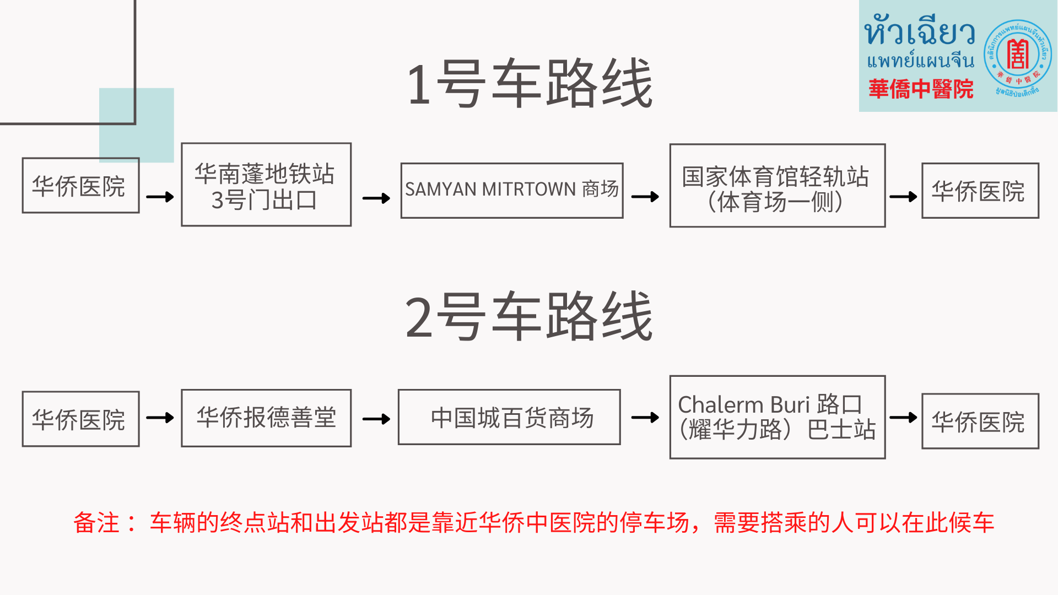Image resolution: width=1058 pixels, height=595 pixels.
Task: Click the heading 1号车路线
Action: (529, 84)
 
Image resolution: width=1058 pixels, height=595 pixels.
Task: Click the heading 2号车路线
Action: (529, 317)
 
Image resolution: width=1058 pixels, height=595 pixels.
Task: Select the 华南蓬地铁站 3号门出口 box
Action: (266, 185)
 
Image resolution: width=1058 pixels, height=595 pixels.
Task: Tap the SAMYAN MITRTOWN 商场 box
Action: (512, 190)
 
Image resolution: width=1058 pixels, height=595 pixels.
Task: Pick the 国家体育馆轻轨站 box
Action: (777, 186)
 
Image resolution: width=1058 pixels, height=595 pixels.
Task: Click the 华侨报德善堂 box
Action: (266, 418)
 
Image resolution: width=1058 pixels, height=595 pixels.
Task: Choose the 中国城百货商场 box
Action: (509, 418)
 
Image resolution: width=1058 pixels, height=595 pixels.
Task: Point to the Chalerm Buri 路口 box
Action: (777, 417)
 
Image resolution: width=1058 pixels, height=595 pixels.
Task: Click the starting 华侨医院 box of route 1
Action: (80, 186)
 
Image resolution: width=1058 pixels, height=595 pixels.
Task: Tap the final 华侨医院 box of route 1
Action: (980, 191)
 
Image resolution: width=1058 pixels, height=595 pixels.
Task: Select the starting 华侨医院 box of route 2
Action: (80, 419)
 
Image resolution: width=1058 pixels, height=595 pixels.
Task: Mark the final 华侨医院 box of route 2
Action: (980, 421)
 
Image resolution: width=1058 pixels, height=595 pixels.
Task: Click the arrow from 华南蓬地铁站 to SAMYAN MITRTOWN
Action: (376, 198)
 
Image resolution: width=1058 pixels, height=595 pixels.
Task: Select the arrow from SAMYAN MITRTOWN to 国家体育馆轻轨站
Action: (645, 197)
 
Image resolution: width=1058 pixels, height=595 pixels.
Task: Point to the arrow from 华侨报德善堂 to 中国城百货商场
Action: (376, 419)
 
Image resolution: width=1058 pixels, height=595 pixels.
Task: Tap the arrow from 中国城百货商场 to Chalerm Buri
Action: (645, 418)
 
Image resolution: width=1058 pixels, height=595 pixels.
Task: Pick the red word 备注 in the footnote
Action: (96, 522)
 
